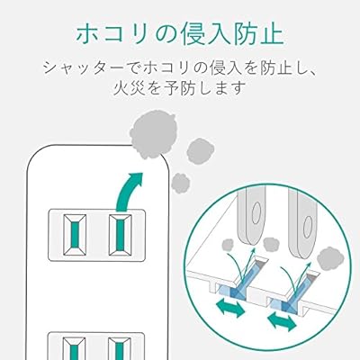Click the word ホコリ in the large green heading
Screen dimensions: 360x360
click(x=112, y=34)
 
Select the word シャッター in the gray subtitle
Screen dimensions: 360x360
click(x=83, y=68)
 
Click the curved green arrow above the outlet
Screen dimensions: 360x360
click(x=128, y=192)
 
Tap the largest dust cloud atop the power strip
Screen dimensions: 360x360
click(x=153, y=137)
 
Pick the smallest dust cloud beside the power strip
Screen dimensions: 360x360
click(x=181, y=183)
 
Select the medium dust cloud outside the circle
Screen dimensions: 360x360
click(x=200, y=151)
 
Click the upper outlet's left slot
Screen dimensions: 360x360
click(x=75, y=235)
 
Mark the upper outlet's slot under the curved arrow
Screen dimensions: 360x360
click(x=120, y=235)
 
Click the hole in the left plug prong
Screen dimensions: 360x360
click(x=256, y=213)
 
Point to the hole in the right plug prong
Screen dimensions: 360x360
click(x=308, y=227)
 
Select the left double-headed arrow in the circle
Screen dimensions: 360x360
click(x=230, y=309)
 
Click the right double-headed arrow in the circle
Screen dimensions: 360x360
click(x=282, y=321)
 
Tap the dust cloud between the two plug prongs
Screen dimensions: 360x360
click(x=271, y=244)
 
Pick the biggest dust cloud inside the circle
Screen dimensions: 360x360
click(x=330, y=259)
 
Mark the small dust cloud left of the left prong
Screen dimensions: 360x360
click(x=229, y=246)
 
